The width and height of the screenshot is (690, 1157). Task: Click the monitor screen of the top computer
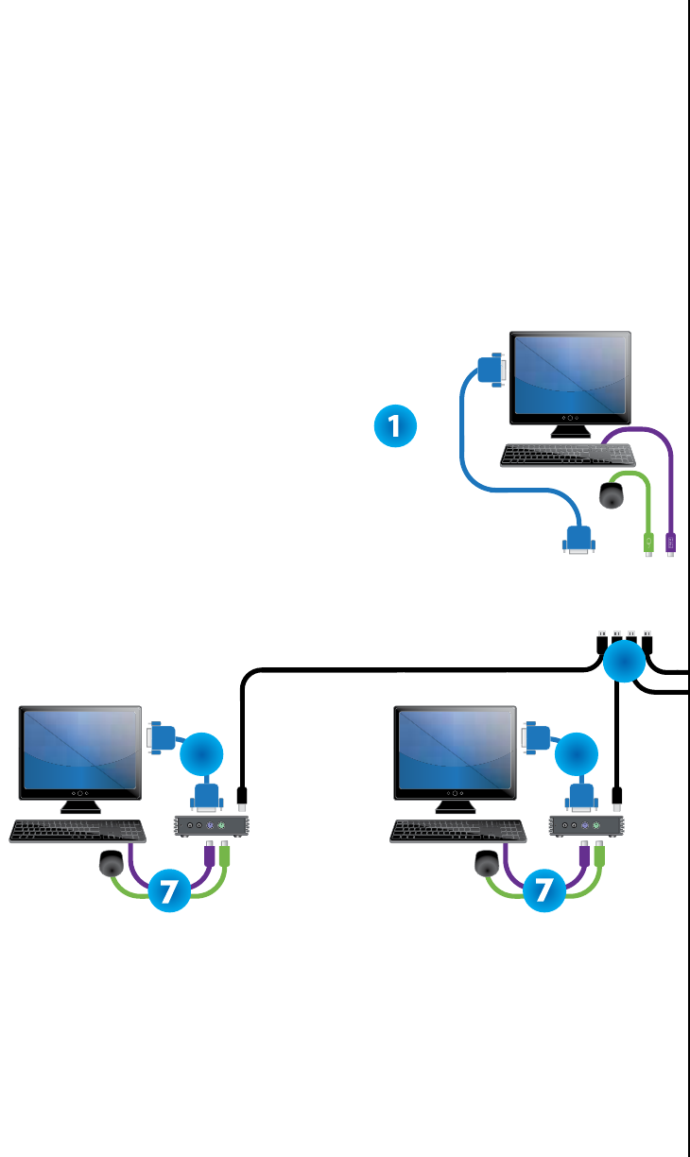click(570, 376)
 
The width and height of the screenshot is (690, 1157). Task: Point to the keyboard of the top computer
click(551, 455)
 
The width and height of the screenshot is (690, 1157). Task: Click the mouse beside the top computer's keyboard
click(612, 494)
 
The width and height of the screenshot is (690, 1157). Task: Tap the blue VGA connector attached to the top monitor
click(491, 370)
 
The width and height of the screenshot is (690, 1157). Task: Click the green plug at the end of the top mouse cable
click(648, 544)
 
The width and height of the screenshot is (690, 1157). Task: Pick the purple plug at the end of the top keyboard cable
click(671, 544)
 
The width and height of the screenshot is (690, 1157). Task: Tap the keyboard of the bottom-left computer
click(77, 831)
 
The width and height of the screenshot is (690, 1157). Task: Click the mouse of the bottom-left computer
click(112, 863)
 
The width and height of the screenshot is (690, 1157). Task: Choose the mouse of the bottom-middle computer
click(487, 863)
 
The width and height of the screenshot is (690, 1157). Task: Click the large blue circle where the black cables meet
click(623, 663)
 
